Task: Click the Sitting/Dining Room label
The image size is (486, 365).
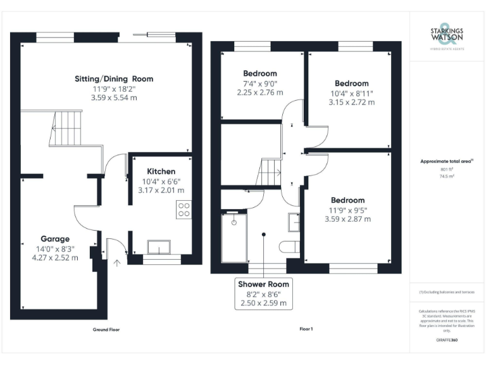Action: (114, 79)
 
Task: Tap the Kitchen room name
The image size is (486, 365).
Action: (161, 171)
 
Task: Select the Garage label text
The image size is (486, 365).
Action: (56, 239)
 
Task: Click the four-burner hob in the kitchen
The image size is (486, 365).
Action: (184, 209)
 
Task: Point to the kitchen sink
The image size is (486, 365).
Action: (161, 247)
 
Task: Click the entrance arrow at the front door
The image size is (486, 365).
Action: (116, 262)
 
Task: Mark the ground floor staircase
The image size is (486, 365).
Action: (66, 128)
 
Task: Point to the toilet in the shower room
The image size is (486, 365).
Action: (292, 246)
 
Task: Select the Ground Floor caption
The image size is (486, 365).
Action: (106, 330)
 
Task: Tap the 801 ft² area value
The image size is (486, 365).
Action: (447, 169)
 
